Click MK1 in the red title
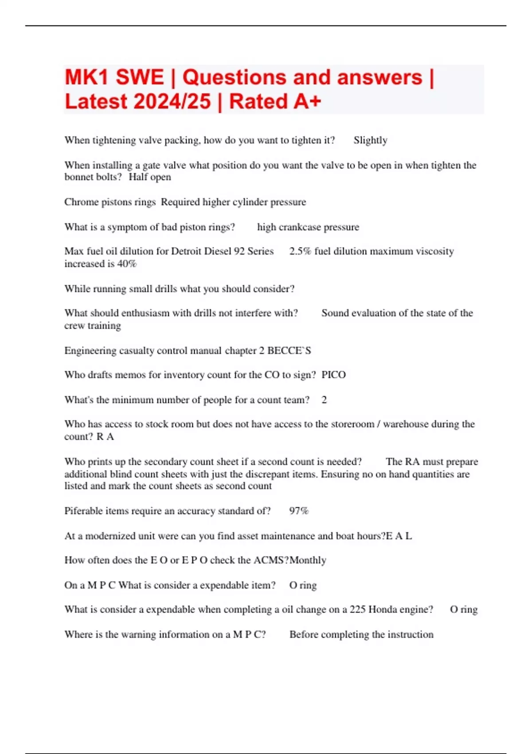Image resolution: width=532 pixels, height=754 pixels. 86,78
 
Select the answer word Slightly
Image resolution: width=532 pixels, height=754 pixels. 370,141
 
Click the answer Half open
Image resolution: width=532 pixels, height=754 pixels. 150,177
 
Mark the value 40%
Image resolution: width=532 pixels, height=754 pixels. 127,264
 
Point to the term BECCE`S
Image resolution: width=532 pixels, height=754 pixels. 289,351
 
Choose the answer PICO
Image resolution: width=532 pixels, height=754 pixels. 333,375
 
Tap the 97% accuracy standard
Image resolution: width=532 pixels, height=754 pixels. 298,511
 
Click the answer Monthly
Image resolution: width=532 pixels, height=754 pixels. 308,560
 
